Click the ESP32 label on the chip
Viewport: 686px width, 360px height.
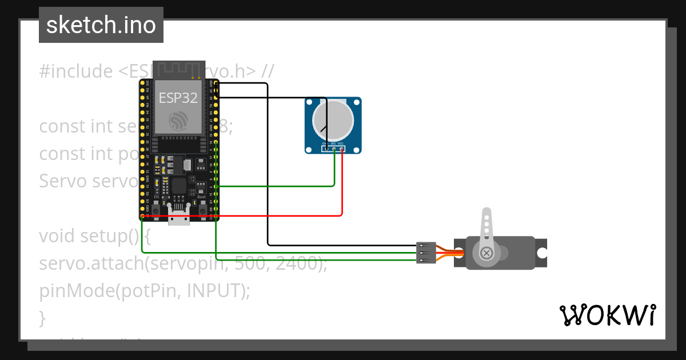coord(178,98)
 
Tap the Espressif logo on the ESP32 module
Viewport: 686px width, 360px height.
coord(178,121)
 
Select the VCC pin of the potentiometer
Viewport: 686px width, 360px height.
coord(342,149)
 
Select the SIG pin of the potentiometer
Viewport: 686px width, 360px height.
coord(334,149)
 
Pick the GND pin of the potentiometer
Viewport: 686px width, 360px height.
coord(325,149)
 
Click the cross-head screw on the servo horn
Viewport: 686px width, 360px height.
coord(486,253)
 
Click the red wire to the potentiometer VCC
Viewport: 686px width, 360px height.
coord(342,189)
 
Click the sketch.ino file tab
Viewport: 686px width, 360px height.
coord(101,25)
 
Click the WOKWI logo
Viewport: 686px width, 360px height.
coord(608,315)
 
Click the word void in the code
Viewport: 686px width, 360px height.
coord(57,235)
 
